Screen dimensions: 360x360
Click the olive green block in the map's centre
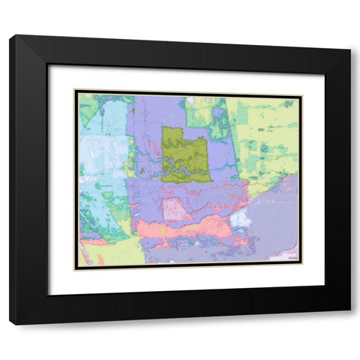pyautogui.click(x=185, y=154)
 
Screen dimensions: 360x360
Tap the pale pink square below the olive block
pyautogui.click(x=178, y=209)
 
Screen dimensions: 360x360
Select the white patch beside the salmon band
pyautogui.click(x=239, y=218)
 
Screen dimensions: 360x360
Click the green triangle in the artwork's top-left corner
pyautogui.click(x=87, y=106)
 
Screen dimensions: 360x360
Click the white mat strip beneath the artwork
pyautogui.click(x=187, y=281)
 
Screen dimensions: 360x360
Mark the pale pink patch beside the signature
pyautogui.click(x=277, y=258)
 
